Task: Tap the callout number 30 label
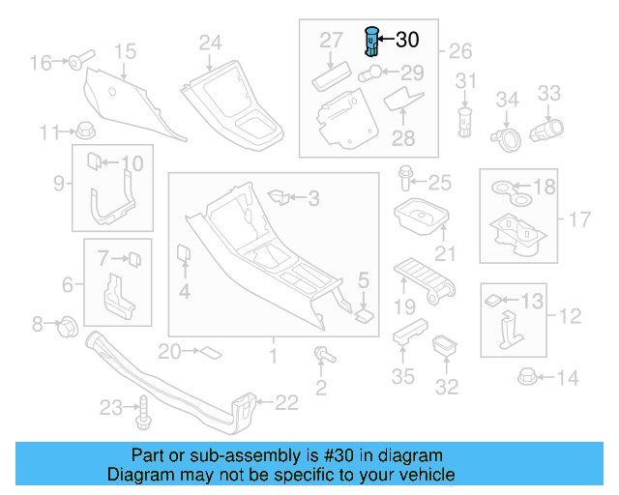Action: tap(407, 40)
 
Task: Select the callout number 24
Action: tap(210, 42)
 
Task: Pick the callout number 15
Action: tap(125, 51)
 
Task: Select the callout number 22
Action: tap(287, 402)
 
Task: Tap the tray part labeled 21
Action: tap(420, 218)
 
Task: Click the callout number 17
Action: tap(577, 219)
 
